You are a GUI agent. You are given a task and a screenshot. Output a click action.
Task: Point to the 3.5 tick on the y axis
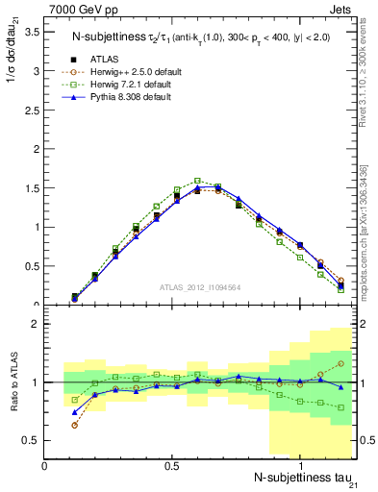pos(31,32)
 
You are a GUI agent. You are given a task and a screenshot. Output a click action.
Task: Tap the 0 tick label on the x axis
pos(45,465)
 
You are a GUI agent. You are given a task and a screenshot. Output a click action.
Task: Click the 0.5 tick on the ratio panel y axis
pos(31,440)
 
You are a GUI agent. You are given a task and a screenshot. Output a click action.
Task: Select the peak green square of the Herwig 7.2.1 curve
pos(197,180)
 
